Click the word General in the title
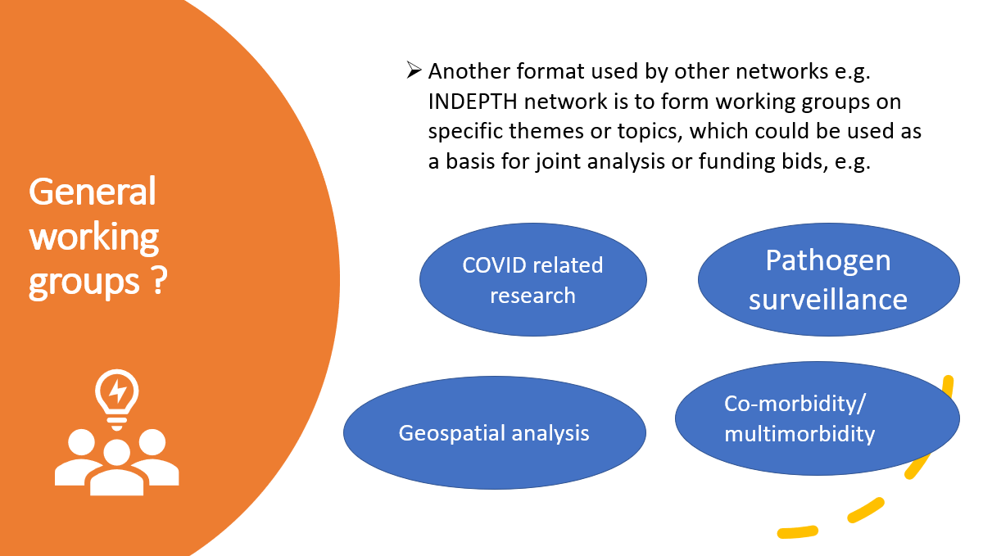coord(92,192)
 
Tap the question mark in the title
coord(159,280)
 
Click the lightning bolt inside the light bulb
coord(117,390)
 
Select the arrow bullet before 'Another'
coord(414,70)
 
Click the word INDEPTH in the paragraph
coord(473,102)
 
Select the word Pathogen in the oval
coord(828,261)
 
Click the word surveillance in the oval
coord(828,300)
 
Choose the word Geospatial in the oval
coord(451,433)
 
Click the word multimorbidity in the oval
coord(799,434)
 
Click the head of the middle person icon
coord(116,453)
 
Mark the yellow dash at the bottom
coord(797,531)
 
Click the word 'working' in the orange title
coord(94,237)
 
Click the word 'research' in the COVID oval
coord(532,296)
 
